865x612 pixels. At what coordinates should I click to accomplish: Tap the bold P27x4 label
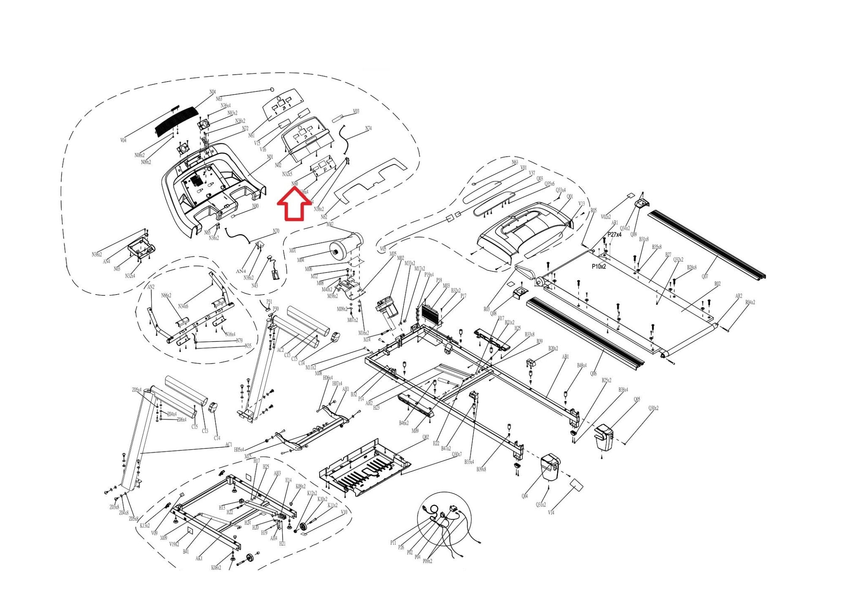click(614, 235)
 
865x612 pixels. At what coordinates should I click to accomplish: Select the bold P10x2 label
click(598, 267)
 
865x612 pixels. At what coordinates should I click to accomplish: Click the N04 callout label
click(212, 92)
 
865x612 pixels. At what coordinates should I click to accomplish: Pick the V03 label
click(356, 112)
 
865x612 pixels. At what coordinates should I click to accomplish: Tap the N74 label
click(368, 128)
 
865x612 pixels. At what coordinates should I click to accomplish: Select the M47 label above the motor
click(330, 224)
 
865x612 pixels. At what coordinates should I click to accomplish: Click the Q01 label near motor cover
click(570, 197)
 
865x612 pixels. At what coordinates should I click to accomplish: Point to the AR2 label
click(738, 296)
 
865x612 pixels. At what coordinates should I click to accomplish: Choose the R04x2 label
click(750, 303)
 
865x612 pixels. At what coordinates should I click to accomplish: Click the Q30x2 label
click(653, 408)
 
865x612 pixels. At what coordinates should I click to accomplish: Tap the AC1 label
click(228, 445)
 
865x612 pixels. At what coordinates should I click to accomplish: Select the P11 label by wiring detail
click(393, 543)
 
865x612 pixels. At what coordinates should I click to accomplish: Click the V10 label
click(344, 512)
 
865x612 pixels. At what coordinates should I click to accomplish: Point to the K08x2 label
click(216, 568)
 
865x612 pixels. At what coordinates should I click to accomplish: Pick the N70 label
click(276, 231)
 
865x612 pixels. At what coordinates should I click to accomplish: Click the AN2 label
click(151, 287)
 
